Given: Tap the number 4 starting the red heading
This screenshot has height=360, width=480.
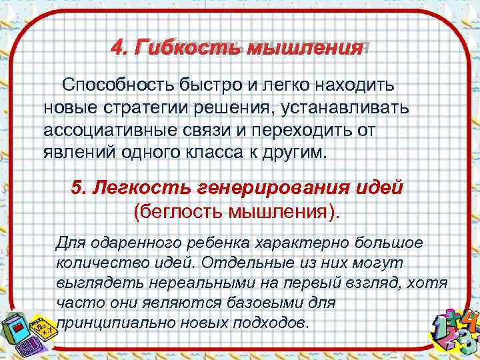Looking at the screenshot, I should (x=118, y=47).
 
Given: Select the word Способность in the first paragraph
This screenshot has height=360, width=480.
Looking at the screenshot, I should (x=118, y=85).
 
